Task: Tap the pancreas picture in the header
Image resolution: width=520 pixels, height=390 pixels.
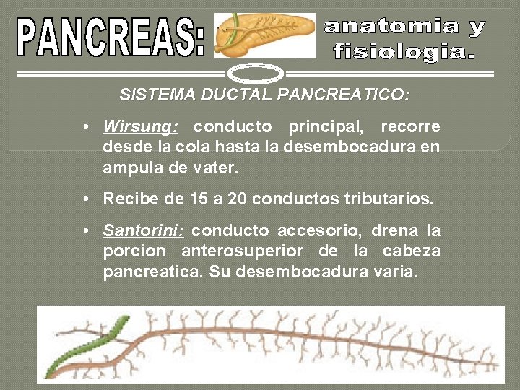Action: tap(265, 35)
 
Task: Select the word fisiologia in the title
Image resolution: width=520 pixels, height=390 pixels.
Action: tap(404, 52)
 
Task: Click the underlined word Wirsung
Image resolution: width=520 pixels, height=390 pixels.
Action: tap(139, 127)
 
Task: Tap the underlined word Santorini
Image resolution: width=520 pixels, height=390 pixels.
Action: tap(143, 231)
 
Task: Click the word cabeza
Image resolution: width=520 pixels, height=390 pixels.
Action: tap(412, 252)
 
